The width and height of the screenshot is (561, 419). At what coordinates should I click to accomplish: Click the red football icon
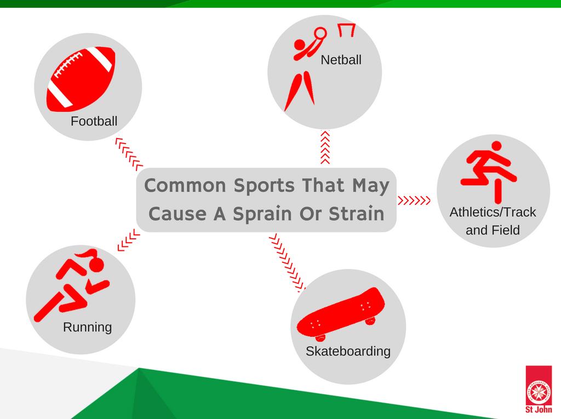(x=81, y=79)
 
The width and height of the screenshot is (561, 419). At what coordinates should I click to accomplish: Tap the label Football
(x=94, y=121)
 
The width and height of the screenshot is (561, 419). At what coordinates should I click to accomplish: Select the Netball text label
(x=341, y=60)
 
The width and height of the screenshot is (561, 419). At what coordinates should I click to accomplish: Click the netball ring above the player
(x=320, y=33)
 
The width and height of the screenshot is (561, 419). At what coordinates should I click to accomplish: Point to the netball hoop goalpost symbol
(x=347, y=30)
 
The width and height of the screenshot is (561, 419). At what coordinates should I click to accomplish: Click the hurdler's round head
(x=496, y=146)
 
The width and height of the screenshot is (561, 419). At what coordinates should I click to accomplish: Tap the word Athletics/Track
(x=493, y=212)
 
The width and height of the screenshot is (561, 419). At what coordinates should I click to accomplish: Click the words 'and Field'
(x=493, y=230)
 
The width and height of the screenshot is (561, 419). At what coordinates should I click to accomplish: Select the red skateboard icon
(x=341, y=314)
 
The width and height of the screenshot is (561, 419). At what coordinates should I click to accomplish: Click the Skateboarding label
(x=348, y=352)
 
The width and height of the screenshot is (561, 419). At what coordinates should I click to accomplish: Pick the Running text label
(x=87, y=328)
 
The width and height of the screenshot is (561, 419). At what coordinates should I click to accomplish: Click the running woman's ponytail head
(x=91, y=261)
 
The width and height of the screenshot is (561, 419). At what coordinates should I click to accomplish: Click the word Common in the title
(x=185, y=186)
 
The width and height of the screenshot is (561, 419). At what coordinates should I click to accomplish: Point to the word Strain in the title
(x=356, y=214)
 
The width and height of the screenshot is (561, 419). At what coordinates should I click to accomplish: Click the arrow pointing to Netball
(x=325, y=147)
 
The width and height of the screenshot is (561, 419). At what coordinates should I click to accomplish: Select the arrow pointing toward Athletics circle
(x=414, y=200)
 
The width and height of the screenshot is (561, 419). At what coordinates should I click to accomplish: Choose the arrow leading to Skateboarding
(x=287, y=262)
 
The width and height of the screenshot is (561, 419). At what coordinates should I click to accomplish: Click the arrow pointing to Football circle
(x=129, y=154)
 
